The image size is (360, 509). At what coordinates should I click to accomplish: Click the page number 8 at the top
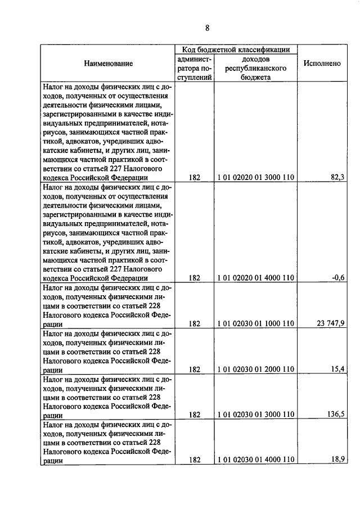[206, 28]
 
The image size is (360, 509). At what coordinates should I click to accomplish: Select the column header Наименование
[109, 64]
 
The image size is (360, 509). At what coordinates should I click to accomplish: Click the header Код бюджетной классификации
[236, 49]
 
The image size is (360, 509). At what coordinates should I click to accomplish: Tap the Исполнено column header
[322, 64]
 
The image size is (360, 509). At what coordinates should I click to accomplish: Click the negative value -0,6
[338, 277]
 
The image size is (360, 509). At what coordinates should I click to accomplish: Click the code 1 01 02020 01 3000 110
[256, 177]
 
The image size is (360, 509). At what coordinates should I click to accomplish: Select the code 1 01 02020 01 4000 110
[256, 277]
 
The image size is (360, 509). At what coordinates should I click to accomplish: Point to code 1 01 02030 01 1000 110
[256, 323]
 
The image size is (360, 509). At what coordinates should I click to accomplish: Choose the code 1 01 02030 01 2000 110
[256, 369]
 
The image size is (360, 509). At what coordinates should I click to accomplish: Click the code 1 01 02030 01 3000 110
[256, 415]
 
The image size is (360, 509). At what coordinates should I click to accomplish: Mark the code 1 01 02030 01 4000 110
[256, 460]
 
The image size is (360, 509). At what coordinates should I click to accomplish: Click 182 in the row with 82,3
[195, 177]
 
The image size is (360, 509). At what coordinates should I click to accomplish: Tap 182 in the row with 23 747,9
[195, 323]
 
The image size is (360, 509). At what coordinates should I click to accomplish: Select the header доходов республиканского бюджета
[256, 69]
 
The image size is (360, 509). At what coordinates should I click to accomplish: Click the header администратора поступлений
[195, 69]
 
